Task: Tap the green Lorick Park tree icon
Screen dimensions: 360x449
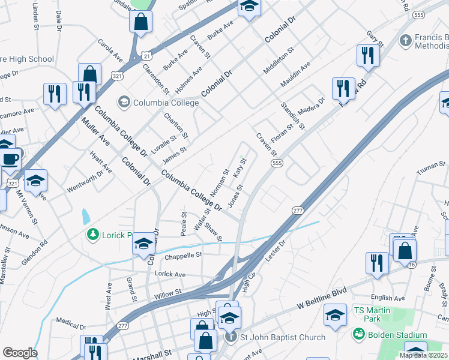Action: pos(92,233)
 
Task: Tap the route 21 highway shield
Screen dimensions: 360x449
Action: pos(146,55)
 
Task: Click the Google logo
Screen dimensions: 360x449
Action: pos(20,353)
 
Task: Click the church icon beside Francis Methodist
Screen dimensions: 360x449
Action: pos(405,41)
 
